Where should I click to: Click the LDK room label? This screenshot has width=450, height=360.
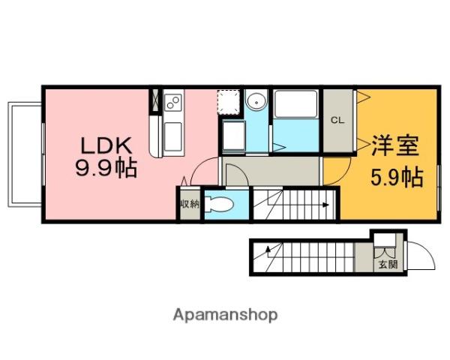[106, 145]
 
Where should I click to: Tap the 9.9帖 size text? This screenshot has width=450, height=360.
[106, 168]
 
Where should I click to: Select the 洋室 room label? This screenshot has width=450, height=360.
[395, 145]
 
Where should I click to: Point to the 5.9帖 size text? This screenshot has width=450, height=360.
[397, 177]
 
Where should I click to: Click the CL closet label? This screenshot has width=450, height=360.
[337, 120]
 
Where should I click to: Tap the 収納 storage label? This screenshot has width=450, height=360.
[190, 204]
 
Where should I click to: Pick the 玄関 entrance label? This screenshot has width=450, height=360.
[388, 264]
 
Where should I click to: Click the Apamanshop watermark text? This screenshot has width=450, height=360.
[225, 315]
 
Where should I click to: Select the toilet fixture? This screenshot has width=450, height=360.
[219, 204]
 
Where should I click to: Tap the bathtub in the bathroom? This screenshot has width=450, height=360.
[295, 104]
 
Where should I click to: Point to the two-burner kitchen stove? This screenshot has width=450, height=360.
[173, 102]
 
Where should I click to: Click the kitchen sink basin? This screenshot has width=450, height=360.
[173, 136]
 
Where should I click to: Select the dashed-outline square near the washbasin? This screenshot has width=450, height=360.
[229, 103]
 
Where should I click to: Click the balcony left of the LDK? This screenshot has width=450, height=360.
[25, 154]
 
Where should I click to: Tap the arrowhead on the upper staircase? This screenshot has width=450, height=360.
[325, 205]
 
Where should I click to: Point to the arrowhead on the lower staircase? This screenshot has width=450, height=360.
[268, 248]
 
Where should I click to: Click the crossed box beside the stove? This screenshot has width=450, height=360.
[155, 100]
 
